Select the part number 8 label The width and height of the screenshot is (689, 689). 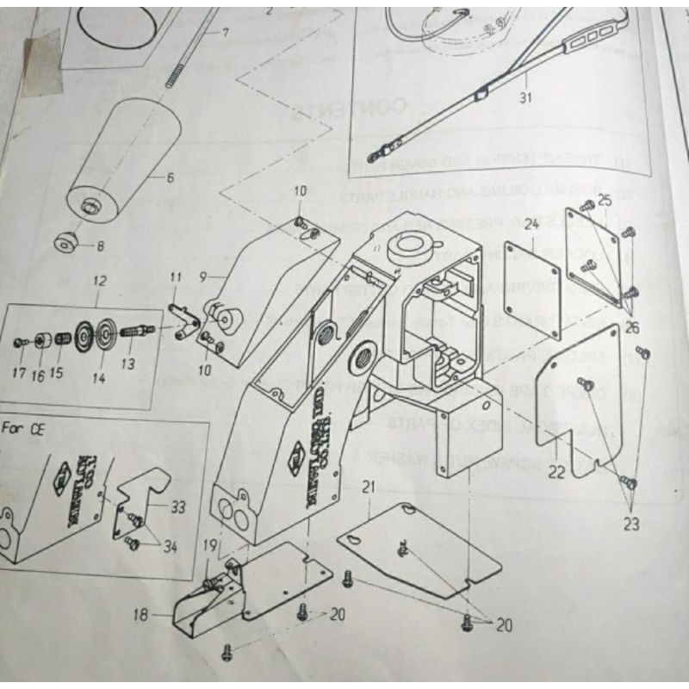click(100, 245)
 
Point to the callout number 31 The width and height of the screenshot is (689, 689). click(526, 97)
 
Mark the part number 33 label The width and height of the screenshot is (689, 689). click(177, 508)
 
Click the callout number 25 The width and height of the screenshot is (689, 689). click(602, 202)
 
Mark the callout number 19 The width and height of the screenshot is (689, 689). click(210, 544)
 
